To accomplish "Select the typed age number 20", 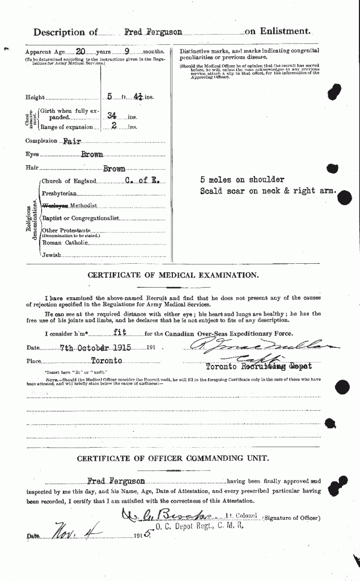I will [81, 51].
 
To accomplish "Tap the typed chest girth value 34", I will [112, 115].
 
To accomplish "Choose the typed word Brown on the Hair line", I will [113, 169].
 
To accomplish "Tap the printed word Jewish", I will [52, 255].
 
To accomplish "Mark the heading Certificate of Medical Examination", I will [173, 275].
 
